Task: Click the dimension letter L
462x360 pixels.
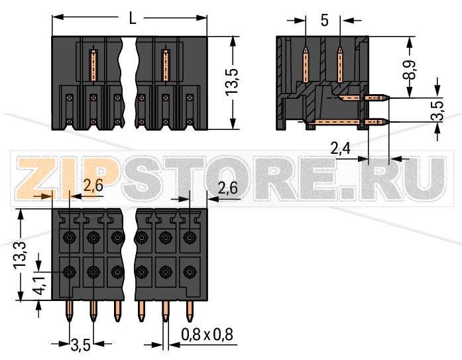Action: [x=133, y=19]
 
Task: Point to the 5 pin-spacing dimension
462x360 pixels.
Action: [x=324, y=21]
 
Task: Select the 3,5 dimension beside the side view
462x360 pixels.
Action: [x=437, y=110]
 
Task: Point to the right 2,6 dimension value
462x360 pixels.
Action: [x=227, y=188]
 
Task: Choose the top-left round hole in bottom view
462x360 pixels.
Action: [x=69, y=237]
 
